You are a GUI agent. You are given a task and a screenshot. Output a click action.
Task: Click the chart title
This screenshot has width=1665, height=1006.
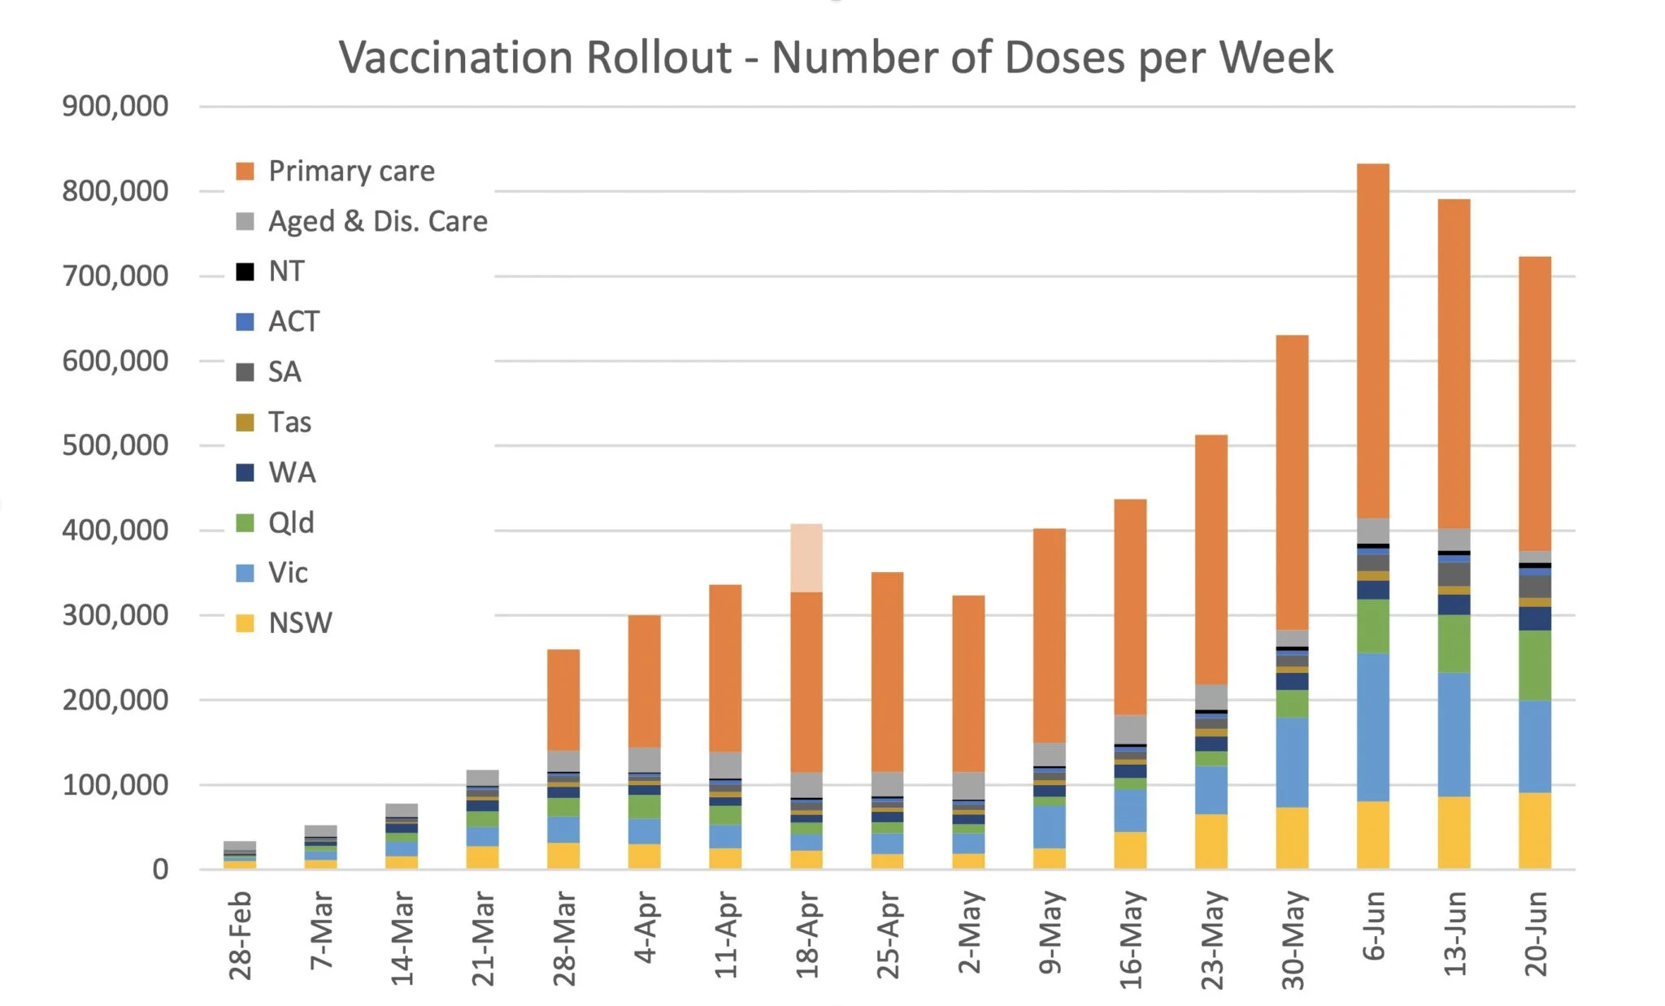click(x=836, y=59)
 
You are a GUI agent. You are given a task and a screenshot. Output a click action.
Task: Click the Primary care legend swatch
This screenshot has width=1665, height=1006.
click(x=245, y=171)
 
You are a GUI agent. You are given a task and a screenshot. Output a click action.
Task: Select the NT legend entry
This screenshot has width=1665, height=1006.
click(x=286, y=271)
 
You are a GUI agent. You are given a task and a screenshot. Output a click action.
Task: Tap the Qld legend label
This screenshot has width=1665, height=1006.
click(x=291, y=523)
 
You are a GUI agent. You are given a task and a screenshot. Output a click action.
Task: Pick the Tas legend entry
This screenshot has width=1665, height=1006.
click(x=289, y=423)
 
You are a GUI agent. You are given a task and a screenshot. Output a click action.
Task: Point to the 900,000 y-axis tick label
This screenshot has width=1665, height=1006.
click(x=115, y=106)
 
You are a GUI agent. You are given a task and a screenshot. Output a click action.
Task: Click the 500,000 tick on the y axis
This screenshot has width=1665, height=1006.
click(x=115, y=446)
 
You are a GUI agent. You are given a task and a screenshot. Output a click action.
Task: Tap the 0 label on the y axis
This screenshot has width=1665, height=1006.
click(x=160, y=870)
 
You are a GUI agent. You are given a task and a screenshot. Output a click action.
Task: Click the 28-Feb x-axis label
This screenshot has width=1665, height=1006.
click(x=241, y=935)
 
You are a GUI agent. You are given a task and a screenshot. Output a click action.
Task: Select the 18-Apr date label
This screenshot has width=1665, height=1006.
click(x=806, y=935)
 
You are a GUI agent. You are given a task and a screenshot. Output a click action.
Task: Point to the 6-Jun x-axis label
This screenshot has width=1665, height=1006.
click(x=1373, y=926)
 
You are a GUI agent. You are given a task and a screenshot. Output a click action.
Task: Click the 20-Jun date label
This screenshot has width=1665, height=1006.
click(x=1535, y=934)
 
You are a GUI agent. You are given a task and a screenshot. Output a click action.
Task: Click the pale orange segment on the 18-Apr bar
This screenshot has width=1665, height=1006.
click(x=806, y=558)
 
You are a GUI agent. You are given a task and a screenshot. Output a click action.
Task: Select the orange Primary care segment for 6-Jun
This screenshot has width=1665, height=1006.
click(x=1373, y=341)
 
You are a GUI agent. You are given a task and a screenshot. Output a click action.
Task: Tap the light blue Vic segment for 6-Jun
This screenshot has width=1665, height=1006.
click(x=1373, y=727)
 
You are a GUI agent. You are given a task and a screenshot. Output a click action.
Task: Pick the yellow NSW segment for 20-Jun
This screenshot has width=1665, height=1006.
click(x=1535, y=830)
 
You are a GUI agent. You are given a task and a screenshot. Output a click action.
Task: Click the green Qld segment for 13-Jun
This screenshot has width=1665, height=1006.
click(x=1454, y=644)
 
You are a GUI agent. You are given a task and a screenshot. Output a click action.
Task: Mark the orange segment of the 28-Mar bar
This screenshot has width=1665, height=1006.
click(x=563, y=700)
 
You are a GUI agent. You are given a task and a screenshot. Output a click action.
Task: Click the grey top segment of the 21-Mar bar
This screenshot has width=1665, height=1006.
click(x=483, y=778)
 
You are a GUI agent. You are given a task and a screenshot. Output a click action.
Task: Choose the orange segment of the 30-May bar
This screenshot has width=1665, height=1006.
click(x=1293, y=483)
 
